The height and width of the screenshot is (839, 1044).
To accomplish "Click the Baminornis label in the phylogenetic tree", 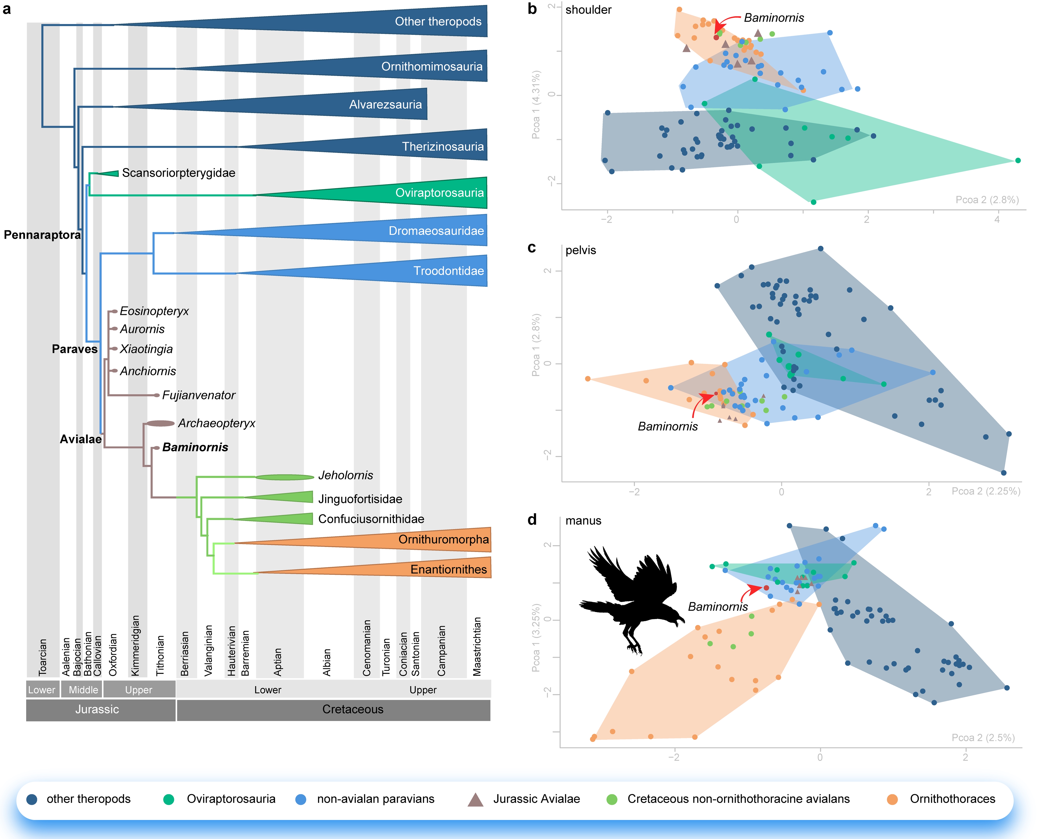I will click(195, 447).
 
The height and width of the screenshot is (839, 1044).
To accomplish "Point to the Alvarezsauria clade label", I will click(385, 105).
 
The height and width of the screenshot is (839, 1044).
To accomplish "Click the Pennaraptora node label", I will click(42, 235).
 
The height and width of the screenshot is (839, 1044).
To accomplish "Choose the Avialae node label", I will click(80, 439).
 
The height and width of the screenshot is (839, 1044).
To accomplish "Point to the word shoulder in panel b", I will click(588, 10).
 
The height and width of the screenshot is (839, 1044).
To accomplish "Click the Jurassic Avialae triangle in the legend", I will click(476, 799).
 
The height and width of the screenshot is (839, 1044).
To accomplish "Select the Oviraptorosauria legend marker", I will click(168, 799).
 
